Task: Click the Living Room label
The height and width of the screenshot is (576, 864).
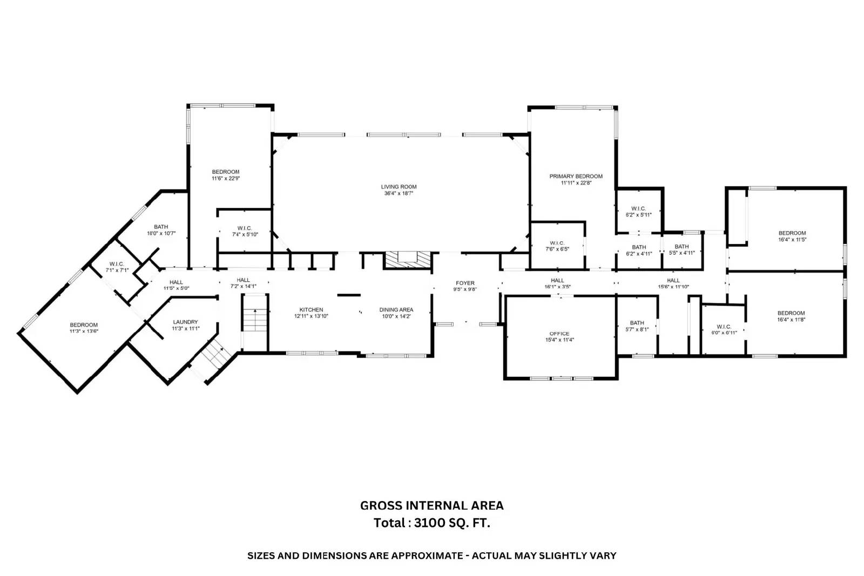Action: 399,187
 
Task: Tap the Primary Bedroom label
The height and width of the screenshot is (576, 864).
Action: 576,177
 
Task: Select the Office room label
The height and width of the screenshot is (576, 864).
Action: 559,334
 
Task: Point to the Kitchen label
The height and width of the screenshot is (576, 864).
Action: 311,309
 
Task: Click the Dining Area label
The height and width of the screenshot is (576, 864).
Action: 396,309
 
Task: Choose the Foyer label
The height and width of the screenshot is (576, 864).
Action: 465,283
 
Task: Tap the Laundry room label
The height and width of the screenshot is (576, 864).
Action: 186,322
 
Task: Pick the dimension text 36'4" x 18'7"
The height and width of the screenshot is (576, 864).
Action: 399,194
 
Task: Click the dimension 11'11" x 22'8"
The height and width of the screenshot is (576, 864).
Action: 576,183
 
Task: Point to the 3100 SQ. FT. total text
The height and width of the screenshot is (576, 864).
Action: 452,523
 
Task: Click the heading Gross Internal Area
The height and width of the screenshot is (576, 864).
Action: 432,505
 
